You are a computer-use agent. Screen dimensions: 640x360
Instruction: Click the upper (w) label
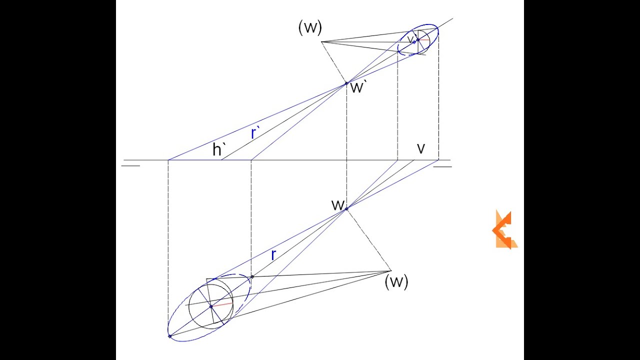[x=310, y=27]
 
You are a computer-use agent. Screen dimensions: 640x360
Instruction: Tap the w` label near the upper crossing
[x=358, y=87]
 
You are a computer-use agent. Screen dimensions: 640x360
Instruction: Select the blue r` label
[x=254, y=132]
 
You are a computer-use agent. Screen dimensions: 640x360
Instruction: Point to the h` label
[x=219, y=149]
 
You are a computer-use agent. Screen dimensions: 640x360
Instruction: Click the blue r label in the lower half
[x=273, y=254]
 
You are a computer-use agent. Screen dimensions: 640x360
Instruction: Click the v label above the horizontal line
[x=421, y=148]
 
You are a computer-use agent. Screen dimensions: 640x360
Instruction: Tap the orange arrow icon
[x=505, y=230]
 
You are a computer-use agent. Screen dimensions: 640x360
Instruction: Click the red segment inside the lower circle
[x=222, y=304]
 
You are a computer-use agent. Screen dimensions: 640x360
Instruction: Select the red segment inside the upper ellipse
[x=423, y=40]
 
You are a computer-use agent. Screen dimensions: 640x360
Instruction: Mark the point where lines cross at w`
[x=346, y=83]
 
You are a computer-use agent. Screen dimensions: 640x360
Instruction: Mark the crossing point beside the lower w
[x=346, y=209]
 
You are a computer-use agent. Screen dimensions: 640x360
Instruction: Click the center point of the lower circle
[x=211, y=306]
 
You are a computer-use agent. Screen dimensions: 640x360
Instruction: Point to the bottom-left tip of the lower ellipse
[x=169, y=336]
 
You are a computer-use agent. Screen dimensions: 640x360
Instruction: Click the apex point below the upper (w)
[x=321, y=42]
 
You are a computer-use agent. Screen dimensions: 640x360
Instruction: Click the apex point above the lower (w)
[x=390, y=270]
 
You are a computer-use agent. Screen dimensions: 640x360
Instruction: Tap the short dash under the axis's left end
[x=131, y=165]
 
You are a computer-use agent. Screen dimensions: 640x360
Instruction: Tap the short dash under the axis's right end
[x=442, y=166]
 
